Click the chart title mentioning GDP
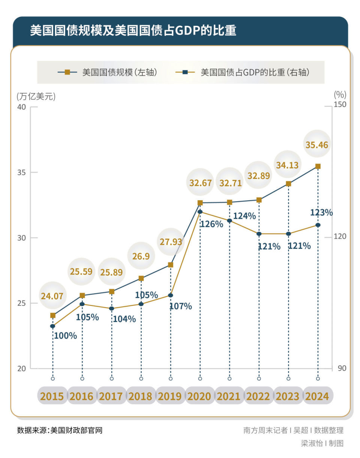[133, 30]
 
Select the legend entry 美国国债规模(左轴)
[108, 72]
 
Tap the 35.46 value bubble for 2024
[317, 145]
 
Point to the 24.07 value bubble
[52, 296]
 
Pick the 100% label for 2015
[66, 336]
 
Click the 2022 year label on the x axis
[259, 396]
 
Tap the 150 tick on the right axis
[340, 104]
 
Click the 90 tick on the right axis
[342, 368]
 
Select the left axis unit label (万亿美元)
[36, 96]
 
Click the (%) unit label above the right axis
[340, 94]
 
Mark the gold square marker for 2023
[288, 184]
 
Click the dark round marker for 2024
[318, 225]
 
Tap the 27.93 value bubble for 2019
[171, 242]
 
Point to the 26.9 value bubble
[141, 256]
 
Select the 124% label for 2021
[244, 216]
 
